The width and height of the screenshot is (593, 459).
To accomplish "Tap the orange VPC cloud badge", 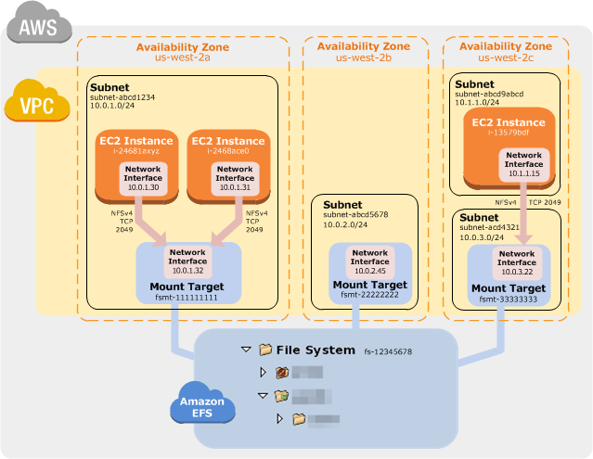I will point(36,101).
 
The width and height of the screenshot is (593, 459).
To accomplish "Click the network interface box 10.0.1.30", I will point(143,178).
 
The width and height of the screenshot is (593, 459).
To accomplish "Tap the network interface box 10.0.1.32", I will point(187,261).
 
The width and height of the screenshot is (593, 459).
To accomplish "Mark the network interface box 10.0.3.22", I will point(517,263).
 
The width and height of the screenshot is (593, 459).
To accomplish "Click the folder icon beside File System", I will point(265,351).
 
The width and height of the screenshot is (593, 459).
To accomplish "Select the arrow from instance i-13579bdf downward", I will point(523,215).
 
